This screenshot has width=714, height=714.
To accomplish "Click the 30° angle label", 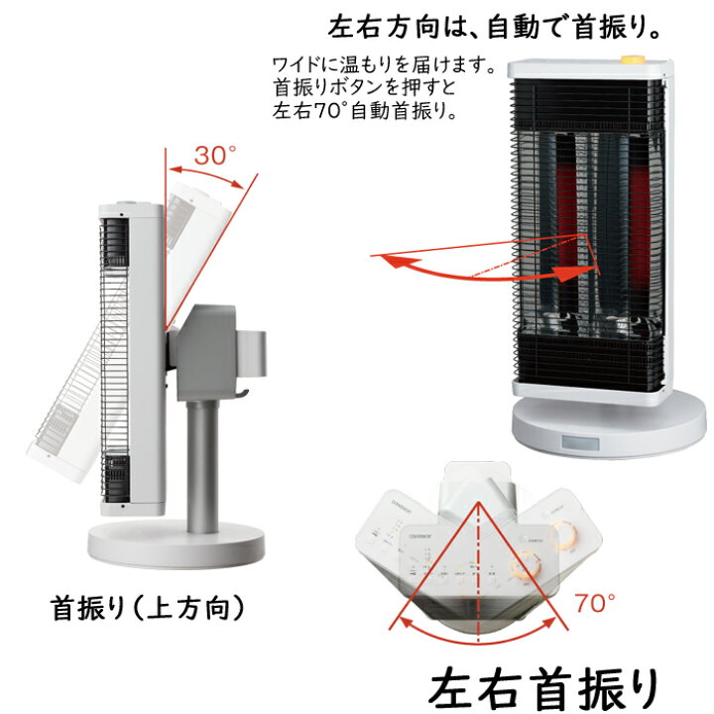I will point(215,155).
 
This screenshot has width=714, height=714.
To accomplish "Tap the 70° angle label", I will point(594,601).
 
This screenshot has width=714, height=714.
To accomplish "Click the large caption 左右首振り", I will point(544,683).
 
